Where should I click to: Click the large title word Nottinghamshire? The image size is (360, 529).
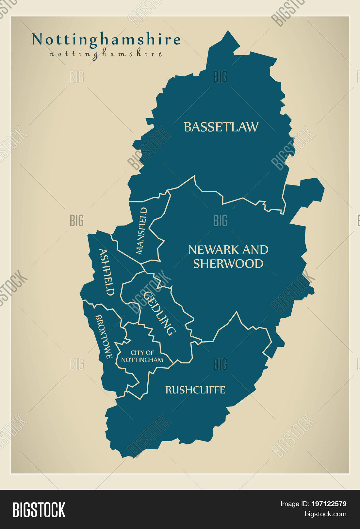pyautogui.click(x=106, y=40)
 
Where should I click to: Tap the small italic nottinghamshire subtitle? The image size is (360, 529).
pyautogui.click(x=106, y=54)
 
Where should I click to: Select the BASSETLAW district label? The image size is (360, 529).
pyautogui.click(x=221, y=127)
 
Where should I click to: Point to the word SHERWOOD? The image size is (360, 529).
pyautogui.click(x=228, y=264)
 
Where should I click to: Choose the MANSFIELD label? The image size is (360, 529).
pyautogui.click(x=141, y=231)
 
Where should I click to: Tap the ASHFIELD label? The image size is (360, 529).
pyautogui.click(x=107, y=272)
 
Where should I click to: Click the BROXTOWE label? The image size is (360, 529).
pyautogui.click(x=104, y=336)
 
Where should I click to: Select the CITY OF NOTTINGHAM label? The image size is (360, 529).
pyautogui.click(x=142, y=356)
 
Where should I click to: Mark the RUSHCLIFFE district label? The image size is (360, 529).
pyautogui.click(x=195, y=390)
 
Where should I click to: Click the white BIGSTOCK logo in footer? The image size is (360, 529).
pyautogui.click(x=39, y=509)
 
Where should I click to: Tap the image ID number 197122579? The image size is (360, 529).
pyautogui.click(x=329, y=504)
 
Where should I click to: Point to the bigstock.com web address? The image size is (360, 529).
pyautogui.click(x=325, y=514)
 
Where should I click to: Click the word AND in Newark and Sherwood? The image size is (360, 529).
pyautogui.click(x=255, y=250)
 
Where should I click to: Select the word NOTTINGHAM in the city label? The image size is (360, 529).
pyautogui.click(x=142, y=360)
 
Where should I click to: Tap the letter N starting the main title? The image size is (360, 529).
pyautogui.click(x=37, y=40)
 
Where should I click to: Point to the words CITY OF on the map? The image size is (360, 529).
pyautogui.click(x=142, y=353)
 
